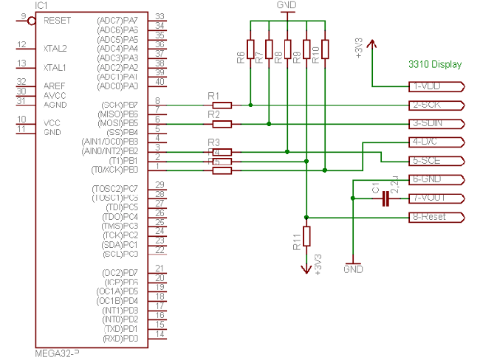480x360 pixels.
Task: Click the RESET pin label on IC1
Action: (x=58, y=20)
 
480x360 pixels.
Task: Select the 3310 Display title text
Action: (x=434, y=64)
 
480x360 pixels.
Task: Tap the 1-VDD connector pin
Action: (x=436, y=86)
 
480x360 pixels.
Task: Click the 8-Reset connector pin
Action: (x=436, y=217)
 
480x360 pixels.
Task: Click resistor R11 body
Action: (x=306, y=236)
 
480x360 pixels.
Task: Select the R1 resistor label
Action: (x=214, y=96)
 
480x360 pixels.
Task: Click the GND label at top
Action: (x=287, y=4)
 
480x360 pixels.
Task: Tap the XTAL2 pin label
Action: (x=55, y=48)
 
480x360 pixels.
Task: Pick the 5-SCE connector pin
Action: (x=436, y=161)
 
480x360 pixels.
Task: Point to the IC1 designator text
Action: (x=41, y=5)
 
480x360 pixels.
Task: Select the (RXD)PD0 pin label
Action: (x=120, y=338)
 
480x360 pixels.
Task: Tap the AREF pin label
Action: (x=55, y=86)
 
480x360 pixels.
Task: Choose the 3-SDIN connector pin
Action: (x=436, y=123)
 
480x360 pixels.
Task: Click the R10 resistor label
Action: (x=316, y=53)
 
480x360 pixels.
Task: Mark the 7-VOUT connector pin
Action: (x=436, y=198)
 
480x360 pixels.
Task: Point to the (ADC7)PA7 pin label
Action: (x=117, y=20)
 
